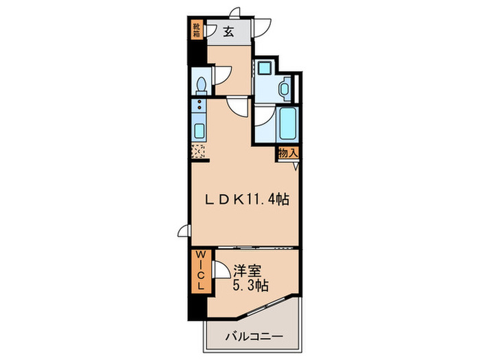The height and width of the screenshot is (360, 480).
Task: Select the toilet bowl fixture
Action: (200, 85)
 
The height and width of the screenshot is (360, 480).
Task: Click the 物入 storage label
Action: (288, 154)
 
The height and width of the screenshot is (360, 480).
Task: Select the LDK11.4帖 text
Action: (248, 200)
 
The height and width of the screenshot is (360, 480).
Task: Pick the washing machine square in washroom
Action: (265, 69)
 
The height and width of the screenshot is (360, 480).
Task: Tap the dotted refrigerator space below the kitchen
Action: (200, 151)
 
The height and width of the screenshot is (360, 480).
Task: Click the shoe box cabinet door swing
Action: (210, 32)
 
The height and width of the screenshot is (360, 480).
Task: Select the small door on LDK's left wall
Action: (184, 231)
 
